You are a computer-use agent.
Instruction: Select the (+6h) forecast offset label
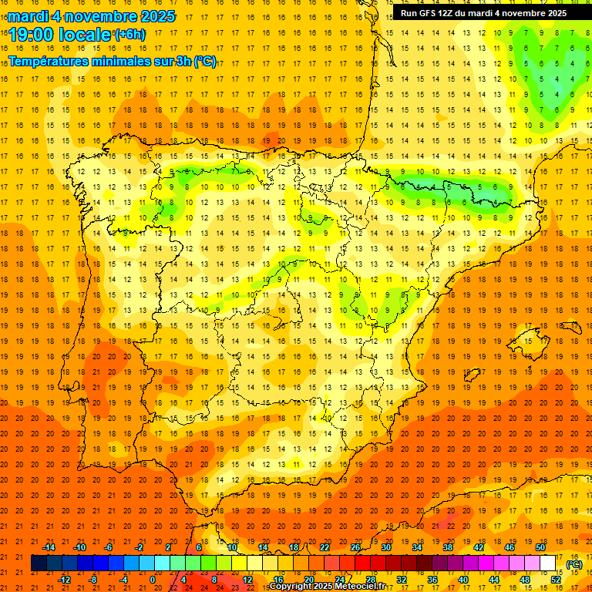pyautogui.click(x=129, y=34)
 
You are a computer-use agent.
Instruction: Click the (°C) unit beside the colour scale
pyautogui.click(x=574, y=564)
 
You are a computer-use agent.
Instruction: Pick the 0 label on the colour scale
pyautogui.click(x=153, y=580)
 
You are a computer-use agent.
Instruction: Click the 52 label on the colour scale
pyautogui.click(x=556, y=580)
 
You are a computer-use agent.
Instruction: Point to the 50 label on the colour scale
pyautogui.click(x=540, y=547)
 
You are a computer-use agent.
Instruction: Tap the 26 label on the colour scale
pyautogui.click(x=355, y=547)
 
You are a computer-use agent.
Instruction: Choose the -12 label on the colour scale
pyautogui.click(x=64, y=580)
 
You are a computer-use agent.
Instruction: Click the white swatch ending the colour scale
pyautogui.click(x=548, y=563)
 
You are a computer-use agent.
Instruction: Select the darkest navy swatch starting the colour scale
pyautogui.click(x=39, y=563)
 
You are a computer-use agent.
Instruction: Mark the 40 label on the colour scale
pyautogui.click(x=463, y=580)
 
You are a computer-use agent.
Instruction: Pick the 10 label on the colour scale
pyautogui.click(x=231, y=547)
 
